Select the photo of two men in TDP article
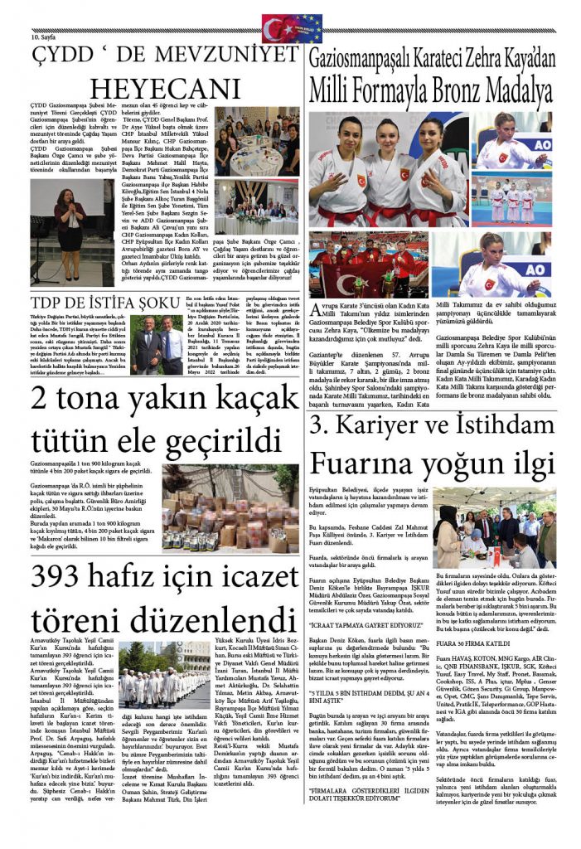(161, 342)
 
